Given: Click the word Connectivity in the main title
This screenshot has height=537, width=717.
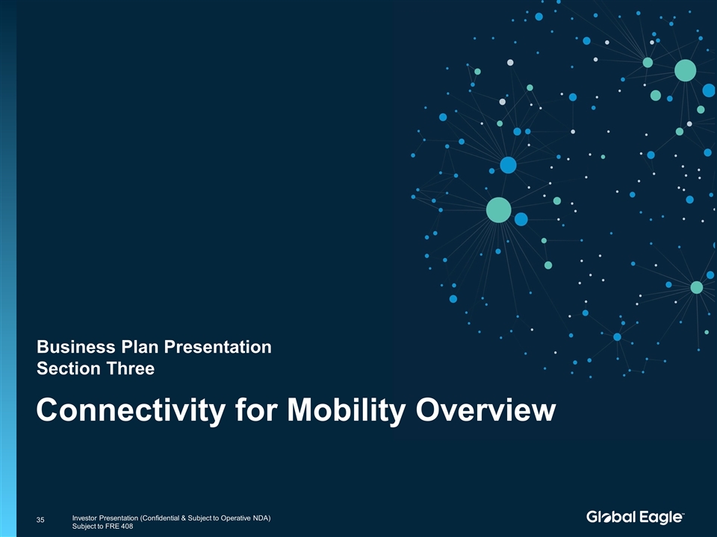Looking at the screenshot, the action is (131, 410).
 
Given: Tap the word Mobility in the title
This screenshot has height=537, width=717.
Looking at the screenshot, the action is (346, 410).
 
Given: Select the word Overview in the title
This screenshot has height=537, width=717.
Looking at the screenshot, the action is (485, 409).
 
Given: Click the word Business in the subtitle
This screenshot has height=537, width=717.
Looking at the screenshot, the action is (76, 347).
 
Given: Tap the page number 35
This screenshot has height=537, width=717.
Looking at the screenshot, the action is (40, 520).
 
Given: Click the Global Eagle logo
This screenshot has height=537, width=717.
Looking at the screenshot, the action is (635, 517).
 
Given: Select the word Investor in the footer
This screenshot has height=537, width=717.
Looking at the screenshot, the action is (84, 518).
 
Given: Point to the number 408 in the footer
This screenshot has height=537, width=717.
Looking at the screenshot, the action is (127, 526).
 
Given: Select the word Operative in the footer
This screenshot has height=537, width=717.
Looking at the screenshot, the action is (235, 518).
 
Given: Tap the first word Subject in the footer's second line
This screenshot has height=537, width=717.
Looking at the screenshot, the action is (84, 526).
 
